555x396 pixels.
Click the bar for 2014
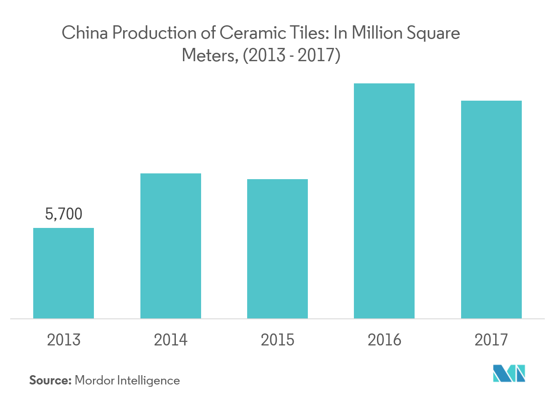click(171, 246)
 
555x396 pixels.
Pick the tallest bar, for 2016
click(384, 200)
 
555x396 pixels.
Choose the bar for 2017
click(491, 209)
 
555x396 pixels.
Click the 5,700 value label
click(64, 215)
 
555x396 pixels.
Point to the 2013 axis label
click(64, 340)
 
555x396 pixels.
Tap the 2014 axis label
click(171, 340)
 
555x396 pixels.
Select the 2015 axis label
click(277, 340)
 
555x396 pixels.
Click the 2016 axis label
click(384, 340)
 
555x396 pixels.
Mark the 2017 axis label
click(491, 340)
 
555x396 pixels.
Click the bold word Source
click(50, 380)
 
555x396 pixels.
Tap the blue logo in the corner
click(509, 373)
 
